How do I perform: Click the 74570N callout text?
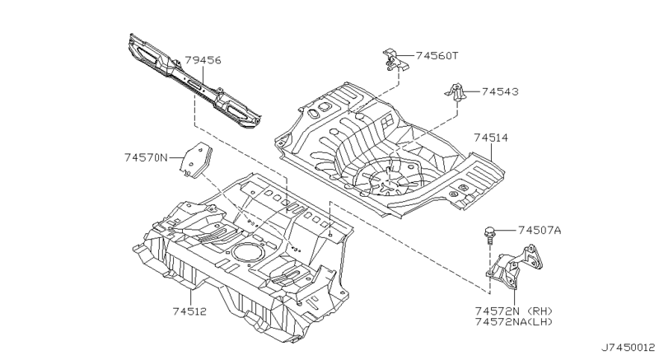click(x=146, y=157)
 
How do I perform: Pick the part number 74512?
click(x=190, y=311)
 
